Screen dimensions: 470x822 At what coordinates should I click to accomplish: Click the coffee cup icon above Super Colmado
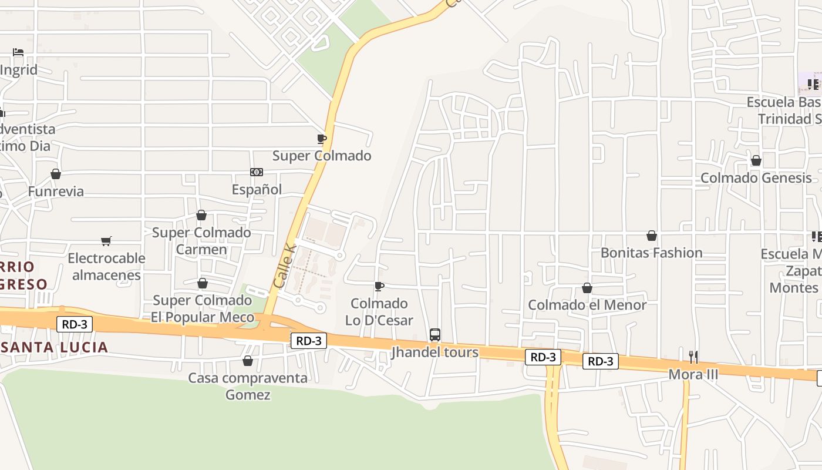click(x=321, y=139)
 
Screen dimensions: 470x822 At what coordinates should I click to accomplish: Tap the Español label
click(x=257, y=189)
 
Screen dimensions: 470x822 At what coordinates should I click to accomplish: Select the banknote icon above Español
click(x=257, y=172)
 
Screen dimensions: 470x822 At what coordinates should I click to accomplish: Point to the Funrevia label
click(x=56, y=192)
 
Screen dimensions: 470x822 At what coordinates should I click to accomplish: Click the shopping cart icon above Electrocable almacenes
click(x=106, y=241)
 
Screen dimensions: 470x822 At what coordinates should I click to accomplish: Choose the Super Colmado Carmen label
click(x=201, y=241)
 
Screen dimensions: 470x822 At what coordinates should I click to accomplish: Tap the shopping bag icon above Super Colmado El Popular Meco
click(x=203, y=284)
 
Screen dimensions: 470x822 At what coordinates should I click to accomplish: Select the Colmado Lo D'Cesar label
click(x=379, y=312)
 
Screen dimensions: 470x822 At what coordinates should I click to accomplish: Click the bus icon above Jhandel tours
click(x=435, y=335)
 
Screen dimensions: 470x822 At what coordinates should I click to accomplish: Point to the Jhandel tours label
click(x=435, y=352)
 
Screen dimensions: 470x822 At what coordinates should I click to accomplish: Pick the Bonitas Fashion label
click(x=651, y=253)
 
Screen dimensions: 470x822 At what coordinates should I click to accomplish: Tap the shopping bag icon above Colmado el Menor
click(x=587, y=288)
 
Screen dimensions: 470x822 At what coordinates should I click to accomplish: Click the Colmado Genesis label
click(x=756, y=177)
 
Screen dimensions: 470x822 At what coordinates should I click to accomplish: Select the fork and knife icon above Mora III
click(x=693, y=357)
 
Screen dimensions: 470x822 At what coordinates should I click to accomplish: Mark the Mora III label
click(x=693, y=374)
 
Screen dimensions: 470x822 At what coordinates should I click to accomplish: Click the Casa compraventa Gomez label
click(x=248, y=386)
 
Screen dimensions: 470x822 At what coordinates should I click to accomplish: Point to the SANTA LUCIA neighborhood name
click(x=55, y=347)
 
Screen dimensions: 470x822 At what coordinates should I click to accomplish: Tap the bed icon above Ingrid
click(x=18, y=52)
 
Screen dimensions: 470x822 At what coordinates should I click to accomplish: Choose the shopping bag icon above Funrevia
click(x=56, y=174)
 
